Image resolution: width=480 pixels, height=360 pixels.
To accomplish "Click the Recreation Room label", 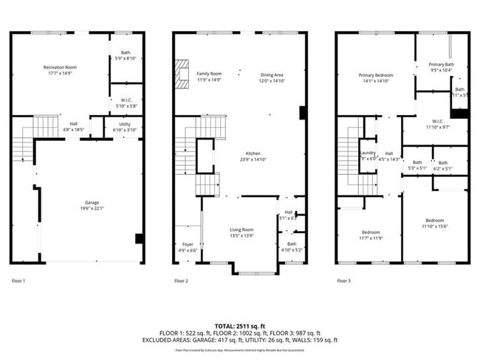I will (x=61, y=68).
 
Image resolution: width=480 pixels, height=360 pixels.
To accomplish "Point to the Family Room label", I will (x=209, y=74).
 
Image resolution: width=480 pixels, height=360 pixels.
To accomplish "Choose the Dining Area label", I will (x=272, y=74).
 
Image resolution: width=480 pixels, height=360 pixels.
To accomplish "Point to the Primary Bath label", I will (x=442, y=64).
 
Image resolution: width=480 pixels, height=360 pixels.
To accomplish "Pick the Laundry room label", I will (x=367, y=153).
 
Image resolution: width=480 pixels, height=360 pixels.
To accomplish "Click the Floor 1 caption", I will (x=18, y=281).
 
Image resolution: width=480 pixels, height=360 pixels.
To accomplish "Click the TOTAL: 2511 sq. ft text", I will (x=240, y=325).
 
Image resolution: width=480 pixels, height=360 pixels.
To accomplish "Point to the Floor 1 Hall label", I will (x=74, y=124).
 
